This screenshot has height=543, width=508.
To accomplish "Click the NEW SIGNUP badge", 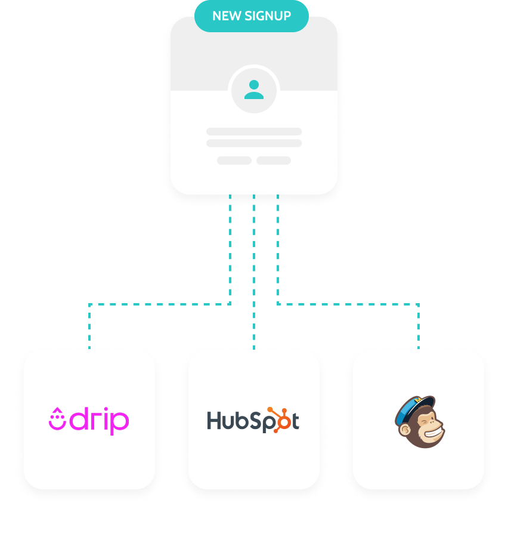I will pos(252,16).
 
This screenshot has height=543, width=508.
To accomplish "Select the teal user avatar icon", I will pos(254,90).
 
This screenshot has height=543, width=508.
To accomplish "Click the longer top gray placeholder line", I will pos(254,131).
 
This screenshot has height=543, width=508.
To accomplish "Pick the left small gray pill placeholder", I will pos(234,161).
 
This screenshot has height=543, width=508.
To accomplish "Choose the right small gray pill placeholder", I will pos(274,161).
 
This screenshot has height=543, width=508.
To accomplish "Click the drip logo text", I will pos(99,421).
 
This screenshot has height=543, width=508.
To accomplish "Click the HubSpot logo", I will pos(253,421).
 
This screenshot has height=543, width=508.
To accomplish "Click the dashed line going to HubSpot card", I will pos(254,274).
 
